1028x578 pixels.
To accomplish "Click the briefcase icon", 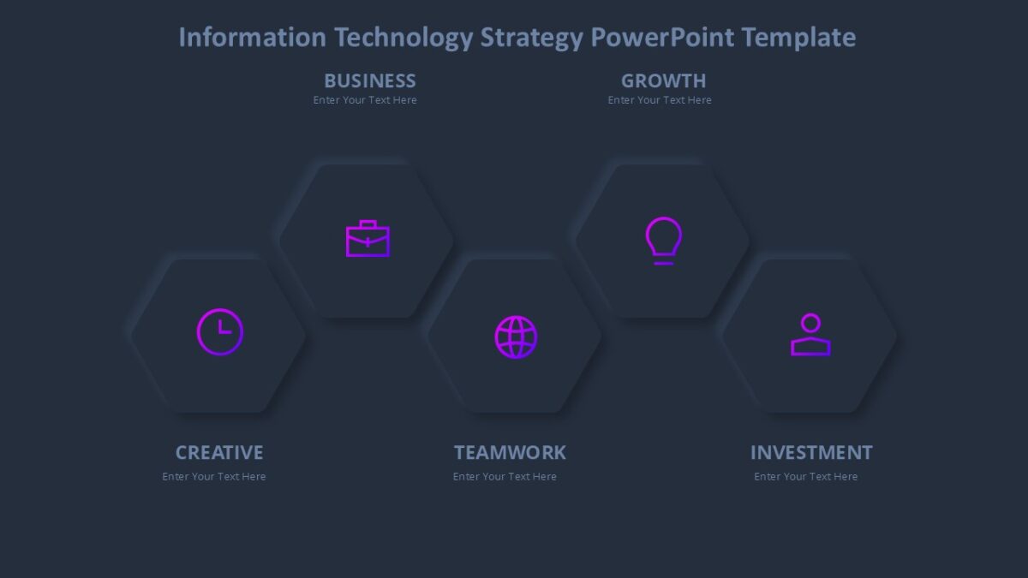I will [x=368, y=239].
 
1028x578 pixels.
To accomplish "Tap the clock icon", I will [x=220, y=331].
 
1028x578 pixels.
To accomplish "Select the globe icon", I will [x=516, y=337].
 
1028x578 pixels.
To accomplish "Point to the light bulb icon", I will [x=663, y=240].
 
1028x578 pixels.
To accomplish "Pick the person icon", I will [x=810, y=335].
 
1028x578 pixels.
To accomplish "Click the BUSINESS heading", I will [x=370, y=80].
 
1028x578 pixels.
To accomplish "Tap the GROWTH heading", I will [x=663, y=80].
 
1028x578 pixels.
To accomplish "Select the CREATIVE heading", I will [x=219, y=452].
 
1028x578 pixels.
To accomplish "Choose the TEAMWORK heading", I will [x=510, y=452].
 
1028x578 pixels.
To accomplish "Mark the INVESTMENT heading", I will [x=811, y=452].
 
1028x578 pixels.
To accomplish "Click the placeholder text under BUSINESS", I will [x=365, y=100].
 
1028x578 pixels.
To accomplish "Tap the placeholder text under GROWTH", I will [x=660, y=100].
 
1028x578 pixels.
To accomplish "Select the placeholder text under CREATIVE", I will [x=214, y=477].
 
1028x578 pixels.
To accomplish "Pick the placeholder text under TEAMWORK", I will [x=505, y=477].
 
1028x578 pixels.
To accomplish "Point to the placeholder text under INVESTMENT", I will [x=806, y=477].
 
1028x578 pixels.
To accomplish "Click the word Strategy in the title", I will [x=531, y=38].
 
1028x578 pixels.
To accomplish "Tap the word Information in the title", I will [x=252, y=38].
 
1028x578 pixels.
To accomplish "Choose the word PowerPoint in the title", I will [x=663, y=38].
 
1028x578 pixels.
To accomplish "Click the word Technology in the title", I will [x=403, y=38].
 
